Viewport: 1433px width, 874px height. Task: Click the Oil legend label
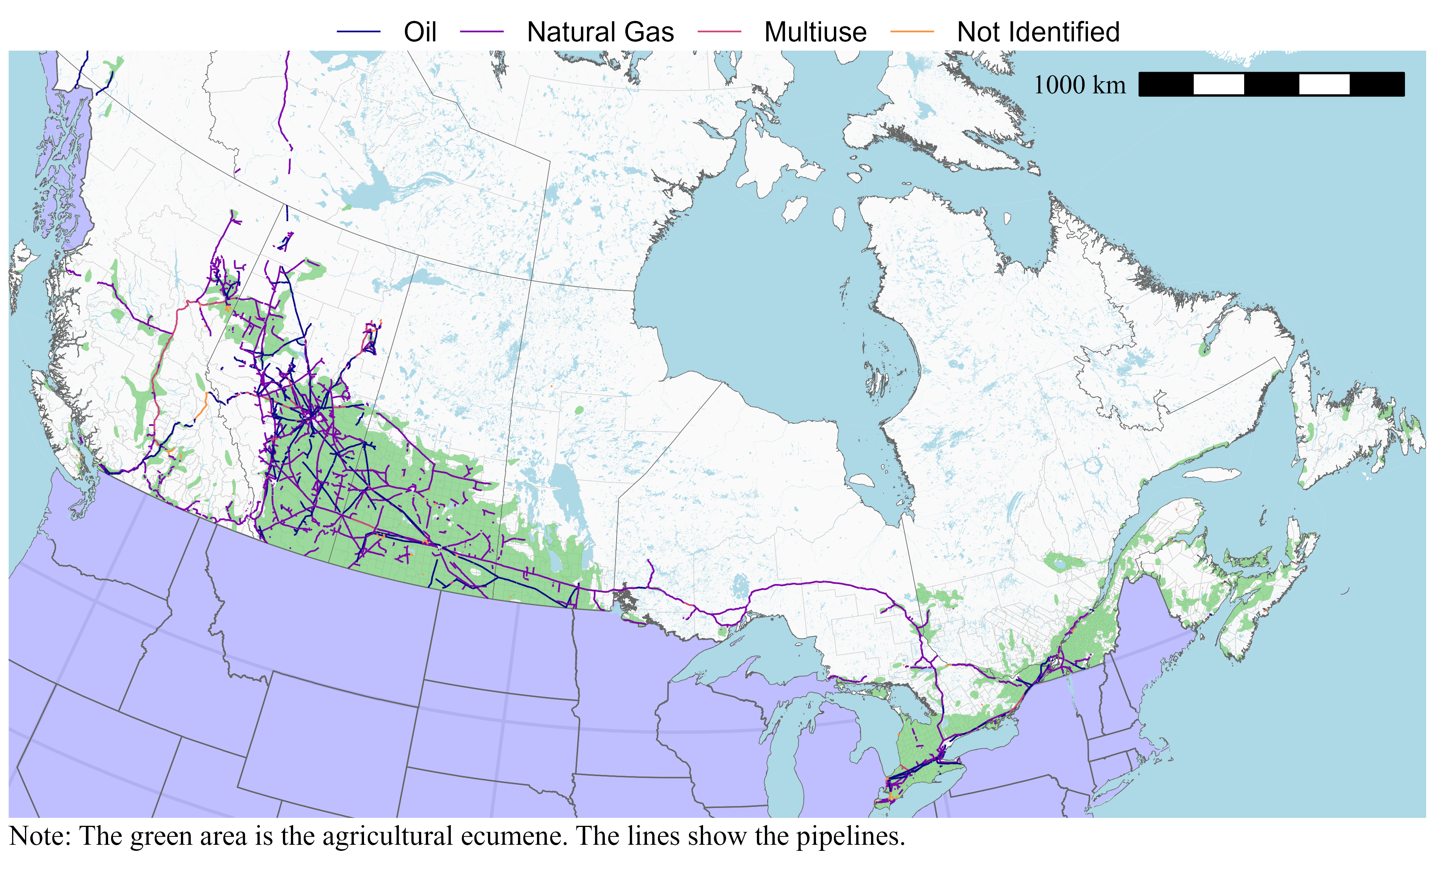pyautogui.click(x=419, y=32)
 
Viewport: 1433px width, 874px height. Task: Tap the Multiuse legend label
pyautogui.click(x=815, y=32)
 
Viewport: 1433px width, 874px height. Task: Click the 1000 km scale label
pyautogui.click(x=1079, y=85)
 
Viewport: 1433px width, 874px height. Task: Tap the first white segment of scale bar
pyautogui.click(x=1218, y=84)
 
